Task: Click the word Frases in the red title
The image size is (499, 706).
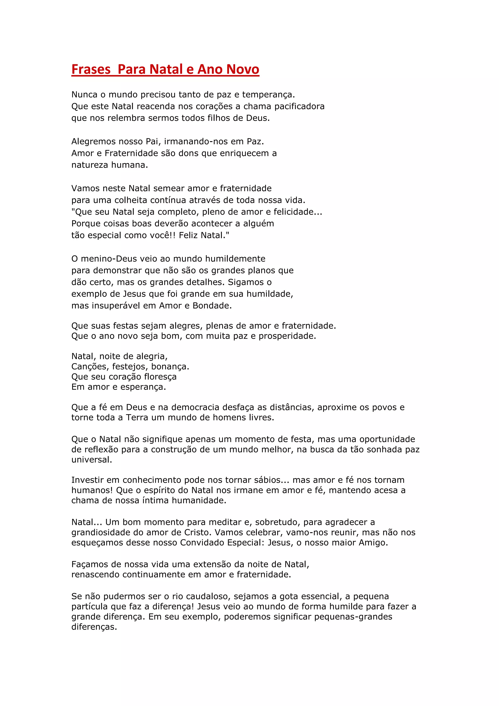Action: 91,69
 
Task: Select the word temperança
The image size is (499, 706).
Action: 268,95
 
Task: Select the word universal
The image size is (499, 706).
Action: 92,460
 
